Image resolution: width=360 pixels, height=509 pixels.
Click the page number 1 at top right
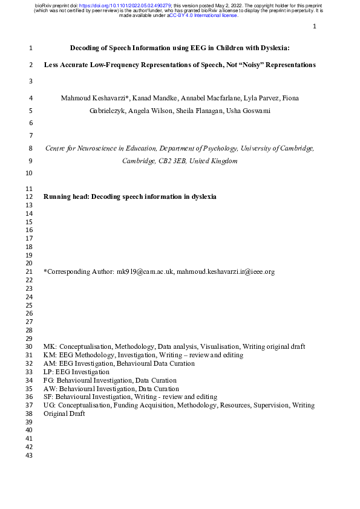click(315, 27)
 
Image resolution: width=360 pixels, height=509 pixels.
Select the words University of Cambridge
click(277, 148)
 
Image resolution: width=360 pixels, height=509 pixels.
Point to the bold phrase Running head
click(65, 196)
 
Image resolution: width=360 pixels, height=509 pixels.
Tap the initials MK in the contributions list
click(50, 346)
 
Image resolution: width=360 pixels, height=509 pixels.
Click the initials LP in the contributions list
click(48, 372)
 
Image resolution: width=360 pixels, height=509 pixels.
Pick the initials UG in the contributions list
click(50, 406)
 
